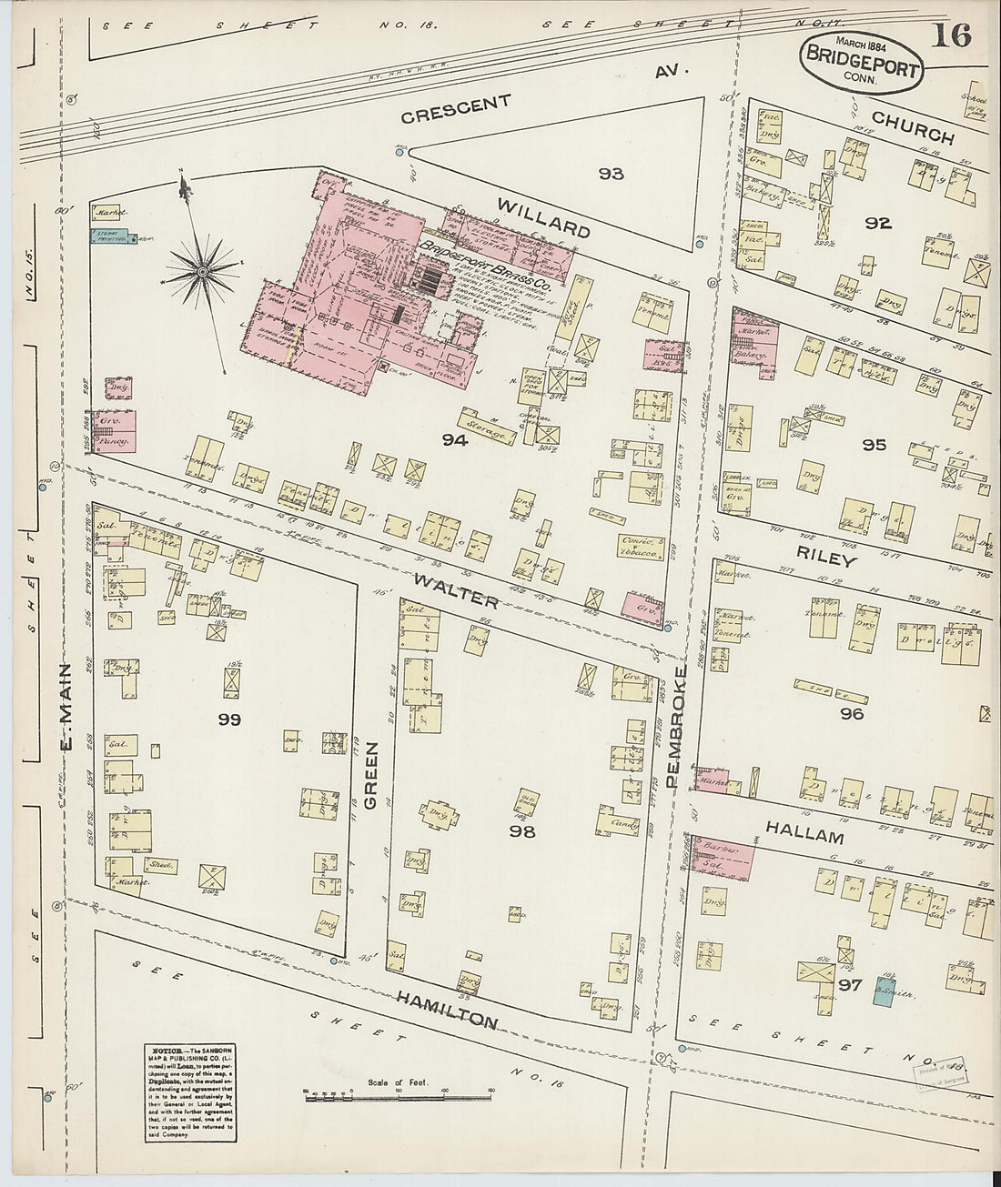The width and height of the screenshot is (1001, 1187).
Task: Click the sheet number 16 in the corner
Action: click(952, 36)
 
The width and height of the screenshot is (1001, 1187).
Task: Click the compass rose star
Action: click(202, 269)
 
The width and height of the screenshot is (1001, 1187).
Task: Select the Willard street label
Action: click(543, 217)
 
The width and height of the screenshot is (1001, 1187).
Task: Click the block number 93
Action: click(611, 173)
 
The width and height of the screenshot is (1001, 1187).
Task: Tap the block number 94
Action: click(454, 441)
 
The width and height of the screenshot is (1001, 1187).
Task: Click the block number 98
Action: click(521, 830)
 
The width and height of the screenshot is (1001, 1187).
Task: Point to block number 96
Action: click(852, 714)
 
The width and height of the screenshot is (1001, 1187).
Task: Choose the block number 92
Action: click(878, 223)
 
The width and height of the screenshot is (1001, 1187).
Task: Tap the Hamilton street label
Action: click(446, 1009)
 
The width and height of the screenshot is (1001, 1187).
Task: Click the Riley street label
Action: click(825, 558)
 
